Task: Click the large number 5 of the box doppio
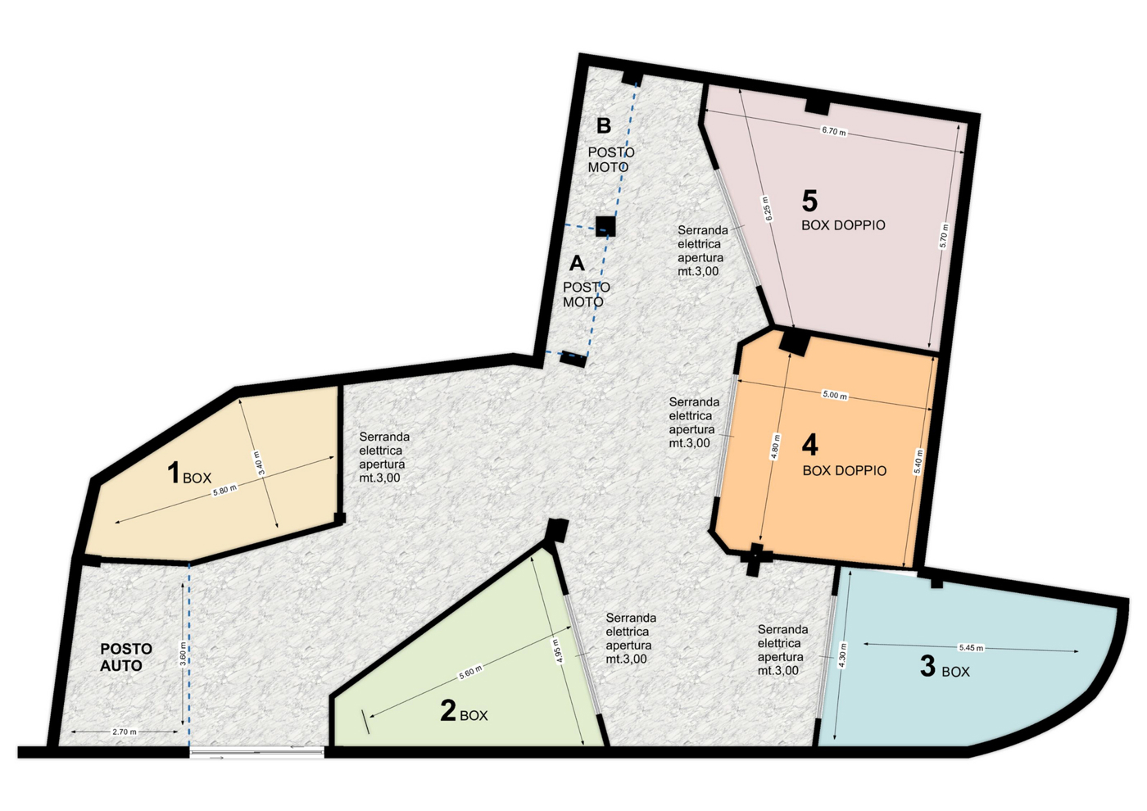pos(809,201)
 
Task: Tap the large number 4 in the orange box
pos(809,445)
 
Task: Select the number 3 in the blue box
pos(927,666)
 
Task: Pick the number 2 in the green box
pos(447,710)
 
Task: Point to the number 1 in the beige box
pos(173,473)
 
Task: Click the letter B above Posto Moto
pos(604,126)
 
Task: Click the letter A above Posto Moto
pos(577,263)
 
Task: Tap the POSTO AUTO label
pos(125,657)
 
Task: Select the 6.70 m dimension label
pos(833,131)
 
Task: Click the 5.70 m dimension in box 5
pos(944,235)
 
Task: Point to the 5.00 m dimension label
pos(834,395)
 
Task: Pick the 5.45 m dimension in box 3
pos(971,648)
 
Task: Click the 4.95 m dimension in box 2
pos(557,651)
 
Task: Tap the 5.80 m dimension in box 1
pos(224,490)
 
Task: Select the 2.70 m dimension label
pos(125,732)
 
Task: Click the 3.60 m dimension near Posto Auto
pos(183,655)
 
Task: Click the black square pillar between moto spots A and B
pos(605,226)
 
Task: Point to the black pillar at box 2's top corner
pos(557,530)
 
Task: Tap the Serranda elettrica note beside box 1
pos(383,457)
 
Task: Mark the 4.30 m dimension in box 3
pos(843,656)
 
